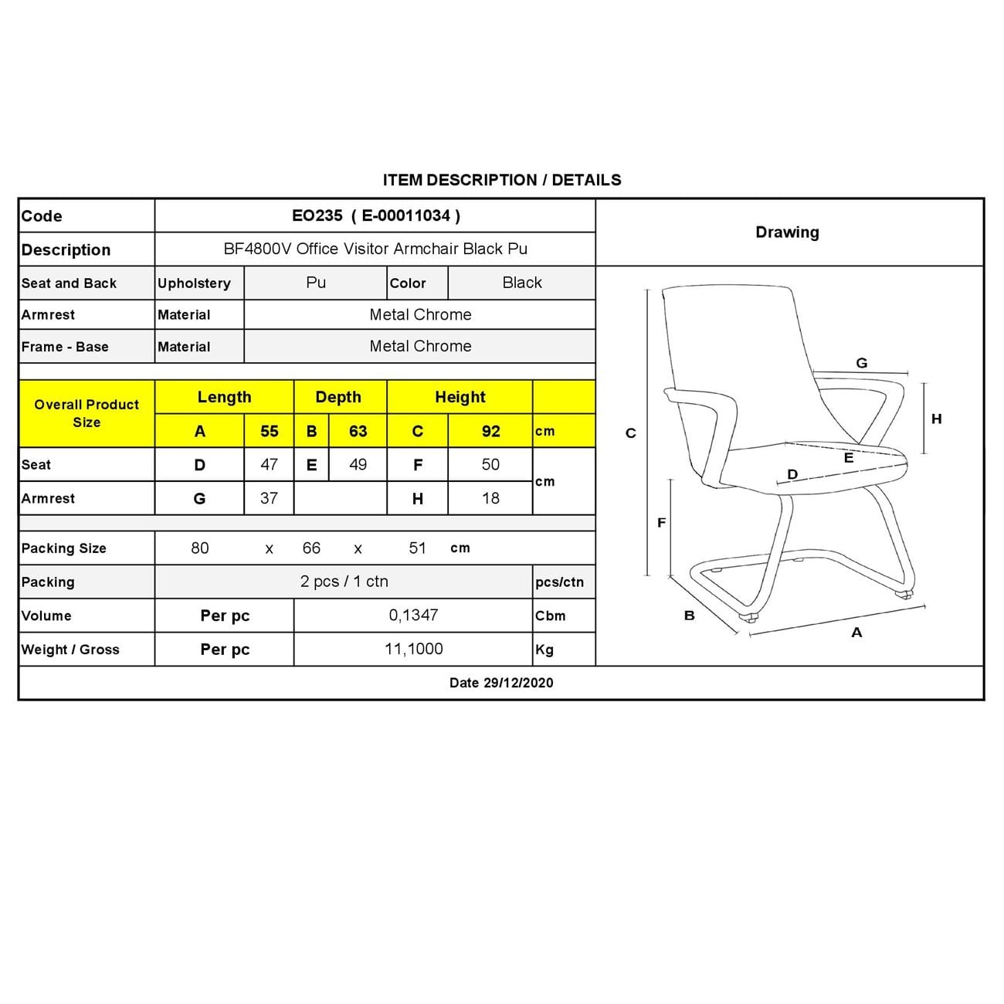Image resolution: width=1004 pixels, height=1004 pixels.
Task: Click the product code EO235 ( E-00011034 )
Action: point(375,215)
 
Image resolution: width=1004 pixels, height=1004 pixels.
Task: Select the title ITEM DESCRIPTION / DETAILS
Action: point(502,180)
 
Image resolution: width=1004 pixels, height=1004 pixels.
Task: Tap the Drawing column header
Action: point(787,232)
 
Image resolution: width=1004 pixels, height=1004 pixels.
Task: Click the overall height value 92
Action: point(490,431)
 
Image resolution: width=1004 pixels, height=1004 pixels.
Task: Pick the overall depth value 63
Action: point(358,431)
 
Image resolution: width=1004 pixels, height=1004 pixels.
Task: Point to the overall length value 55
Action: point(269,431)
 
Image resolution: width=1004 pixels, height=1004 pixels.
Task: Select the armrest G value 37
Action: point(269,498)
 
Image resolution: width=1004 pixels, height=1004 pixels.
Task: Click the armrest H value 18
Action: point(490,498)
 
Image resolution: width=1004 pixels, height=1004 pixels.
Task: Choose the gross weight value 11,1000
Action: point(414,649)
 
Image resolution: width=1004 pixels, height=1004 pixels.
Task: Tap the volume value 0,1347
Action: point(414,616)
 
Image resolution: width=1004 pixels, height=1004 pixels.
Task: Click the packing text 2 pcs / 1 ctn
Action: point(344,582)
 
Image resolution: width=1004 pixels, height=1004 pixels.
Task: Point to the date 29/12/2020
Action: point(501,683)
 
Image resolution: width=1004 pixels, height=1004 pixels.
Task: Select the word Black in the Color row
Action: point(522,283)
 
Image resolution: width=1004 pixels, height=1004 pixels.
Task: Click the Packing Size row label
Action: point(64,548)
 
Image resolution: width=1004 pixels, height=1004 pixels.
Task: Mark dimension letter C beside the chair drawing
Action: point(631,433)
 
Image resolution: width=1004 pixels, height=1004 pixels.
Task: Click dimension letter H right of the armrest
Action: point(937,419)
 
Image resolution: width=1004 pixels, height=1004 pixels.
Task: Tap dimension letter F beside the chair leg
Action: point(661,523)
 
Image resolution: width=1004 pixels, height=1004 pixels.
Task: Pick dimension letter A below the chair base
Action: point(856,633)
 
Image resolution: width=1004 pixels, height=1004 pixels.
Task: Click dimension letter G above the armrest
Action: point(862,363)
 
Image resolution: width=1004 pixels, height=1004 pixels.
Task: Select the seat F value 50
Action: point(490,464)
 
